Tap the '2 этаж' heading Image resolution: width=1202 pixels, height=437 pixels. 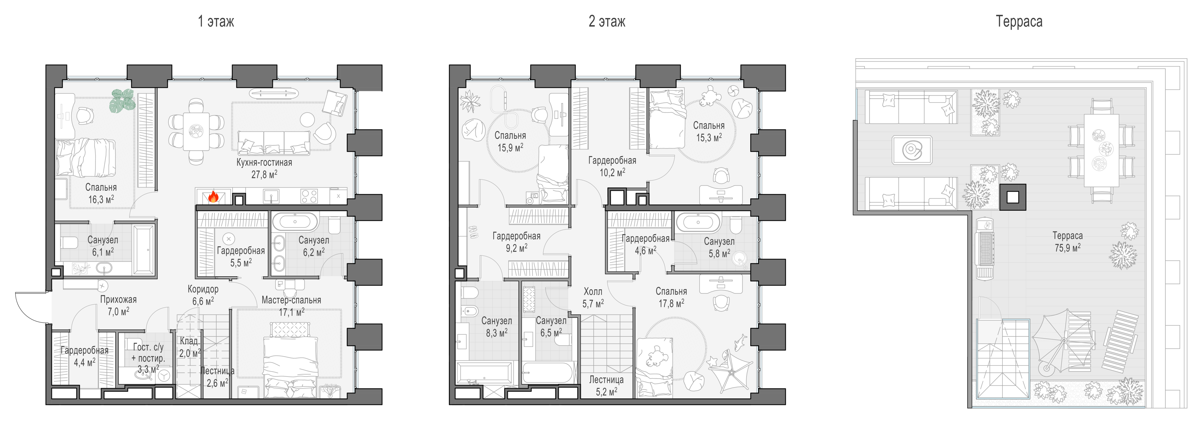(x=607, y=21)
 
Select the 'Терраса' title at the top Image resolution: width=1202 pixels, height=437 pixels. (x=1019, y=21)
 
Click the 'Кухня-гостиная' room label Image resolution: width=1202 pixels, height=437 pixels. (x=264, y=163)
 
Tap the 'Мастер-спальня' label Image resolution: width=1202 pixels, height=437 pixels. (x=291, y=300)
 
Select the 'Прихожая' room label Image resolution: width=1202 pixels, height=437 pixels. (x=118, y=299)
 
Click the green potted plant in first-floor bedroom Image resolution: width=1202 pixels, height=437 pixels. (x=122, y=100)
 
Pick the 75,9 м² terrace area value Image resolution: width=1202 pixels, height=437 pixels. (x=1068, y=247)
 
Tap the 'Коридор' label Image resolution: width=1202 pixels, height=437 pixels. (x=203, y=289)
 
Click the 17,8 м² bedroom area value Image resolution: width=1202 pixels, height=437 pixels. (x=671, y=303)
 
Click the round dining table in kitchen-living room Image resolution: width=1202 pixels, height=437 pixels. (x=196, y=131)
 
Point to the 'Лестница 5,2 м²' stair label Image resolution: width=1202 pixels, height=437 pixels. (x=606, y=386)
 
